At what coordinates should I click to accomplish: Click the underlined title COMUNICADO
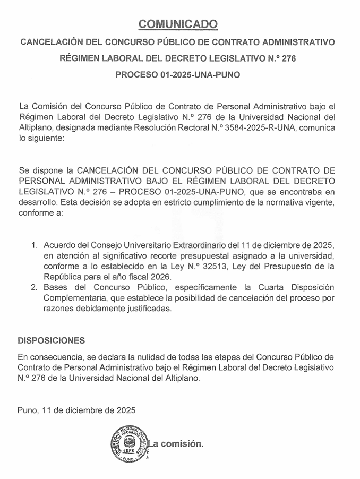pyautogui.click(x=178, y=24)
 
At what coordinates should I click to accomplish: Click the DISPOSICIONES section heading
pyautogui.click(x=52, y=340)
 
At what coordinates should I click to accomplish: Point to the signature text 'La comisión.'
pyautogui.click(x=177, y=443)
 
